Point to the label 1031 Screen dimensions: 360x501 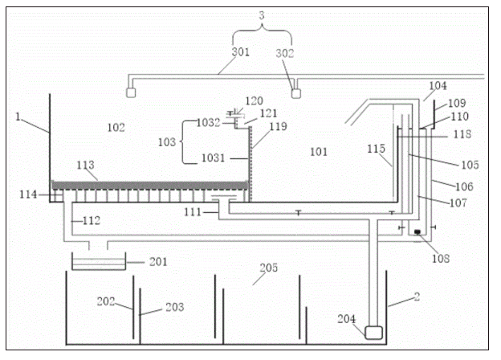(x=210, y=160)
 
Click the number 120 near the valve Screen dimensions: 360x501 (x=254, y=101)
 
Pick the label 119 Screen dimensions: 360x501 (x=277, y=126)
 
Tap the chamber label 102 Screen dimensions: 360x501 (x=117, y=127)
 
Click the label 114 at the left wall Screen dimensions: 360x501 (x=32, y=195)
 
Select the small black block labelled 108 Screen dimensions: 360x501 (x=417, y=233)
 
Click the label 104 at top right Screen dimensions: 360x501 (x=438, y=85)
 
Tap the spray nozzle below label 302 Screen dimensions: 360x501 (x=296, y=92)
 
